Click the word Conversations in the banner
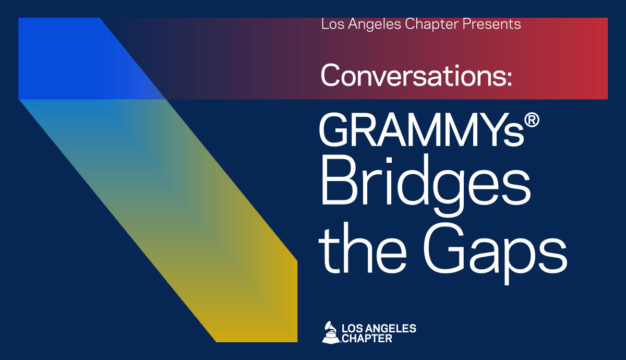point(414,75)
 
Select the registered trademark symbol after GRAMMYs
point(532,120)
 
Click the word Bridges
point(426,185)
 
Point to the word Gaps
point(495,251)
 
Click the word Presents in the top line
point(491,24)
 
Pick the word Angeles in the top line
point(375,25)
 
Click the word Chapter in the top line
point(431,25)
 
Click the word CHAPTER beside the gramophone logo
point(367,339)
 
